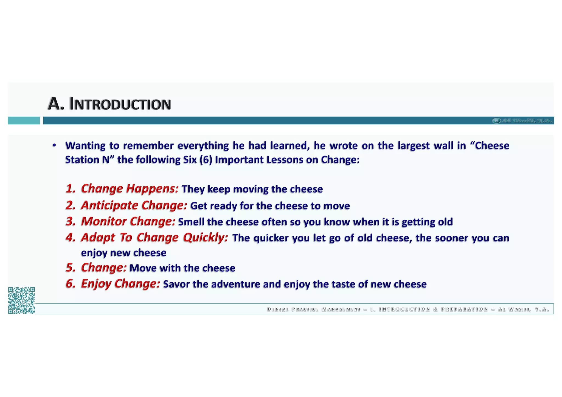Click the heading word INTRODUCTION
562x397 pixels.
[120, 105]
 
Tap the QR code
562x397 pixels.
[21, 300]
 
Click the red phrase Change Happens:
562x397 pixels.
[130, 189]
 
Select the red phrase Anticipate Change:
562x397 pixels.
[134, 205]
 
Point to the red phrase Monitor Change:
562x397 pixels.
[128, 221]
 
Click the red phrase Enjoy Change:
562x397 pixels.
[120, 283]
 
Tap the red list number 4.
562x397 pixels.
[70, 238]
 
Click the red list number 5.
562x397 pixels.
[70, 268]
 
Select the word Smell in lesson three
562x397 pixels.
[191, 222]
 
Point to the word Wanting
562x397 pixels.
[85, 146]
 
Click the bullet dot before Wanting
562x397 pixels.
[54, 145]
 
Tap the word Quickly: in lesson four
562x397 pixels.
[206, 238]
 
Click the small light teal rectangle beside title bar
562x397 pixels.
[24, 120]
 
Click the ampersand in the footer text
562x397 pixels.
[435, 309]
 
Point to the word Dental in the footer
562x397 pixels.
[278, 309]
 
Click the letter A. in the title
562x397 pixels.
[56, 104]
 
